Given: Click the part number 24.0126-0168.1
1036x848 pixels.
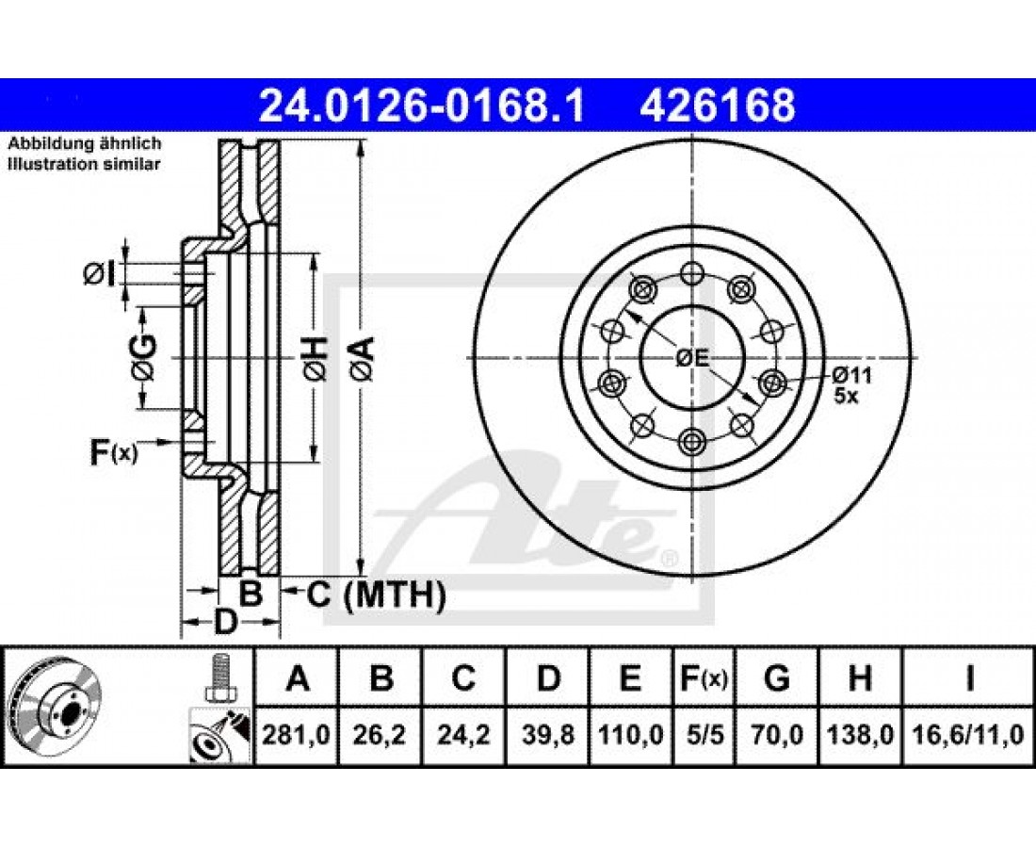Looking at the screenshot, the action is (x=422, y=106).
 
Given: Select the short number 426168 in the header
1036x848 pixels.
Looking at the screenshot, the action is (x=717, y=106).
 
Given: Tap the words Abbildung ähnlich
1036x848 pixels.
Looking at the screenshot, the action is (x=85, y=143).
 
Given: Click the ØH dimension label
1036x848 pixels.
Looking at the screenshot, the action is (x=316, y=358).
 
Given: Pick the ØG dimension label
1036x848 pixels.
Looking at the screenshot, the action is (x=144, y=358).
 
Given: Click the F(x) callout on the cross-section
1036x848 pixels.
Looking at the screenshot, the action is (x=114, y=453).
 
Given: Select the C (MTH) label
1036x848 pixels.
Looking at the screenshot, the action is (x=376, y=595).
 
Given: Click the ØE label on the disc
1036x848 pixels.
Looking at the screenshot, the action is (x=692, y=358).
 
